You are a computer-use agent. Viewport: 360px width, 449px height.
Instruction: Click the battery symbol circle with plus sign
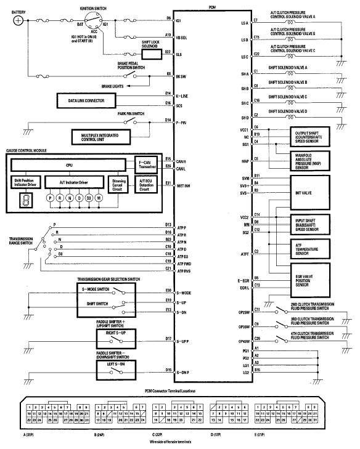click(x=19, y=20)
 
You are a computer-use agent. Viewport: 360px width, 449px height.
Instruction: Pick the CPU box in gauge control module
click(x=69, y=166)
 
